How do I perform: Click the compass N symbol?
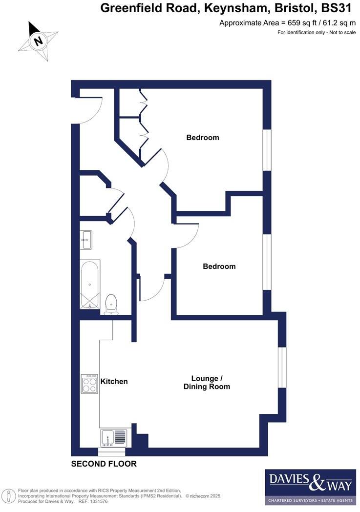click(38, 41)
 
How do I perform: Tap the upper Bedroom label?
click(203, 138)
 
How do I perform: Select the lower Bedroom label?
click(219, 266)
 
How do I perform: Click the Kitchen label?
click(114, 381)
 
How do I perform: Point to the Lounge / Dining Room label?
click(207, 383)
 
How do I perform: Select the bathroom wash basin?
click(86, 239)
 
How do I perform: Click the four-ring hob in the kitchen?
click(90, 384)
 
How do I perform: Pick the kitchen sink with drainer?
click(113, 438)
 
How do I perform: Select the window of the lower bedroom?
click(267, 262)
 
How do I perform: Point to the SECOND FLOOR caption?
click(104, 464)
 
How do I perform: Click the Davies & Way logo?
click(310, 486)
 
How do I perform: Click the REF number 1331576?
click(97, 501)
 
